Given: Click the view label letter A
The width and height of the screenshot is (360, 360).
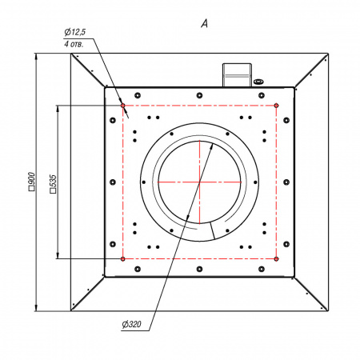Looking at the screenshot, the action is [204, 24].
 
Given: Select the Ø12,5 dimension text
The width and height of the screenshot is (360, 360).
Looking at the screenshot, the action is [75, 32].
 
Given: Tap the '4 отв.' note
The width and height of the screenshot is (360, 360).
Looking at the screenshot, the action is [74, 44].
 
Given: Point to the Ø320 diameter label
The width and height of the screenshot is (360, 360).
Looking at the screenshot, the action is [132, 324].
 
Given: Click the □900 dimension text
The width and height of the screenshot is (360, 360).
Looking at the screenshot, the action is [31, 182].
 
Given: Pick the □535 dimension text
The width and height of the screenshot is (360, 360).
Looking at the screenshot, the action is [53, 184].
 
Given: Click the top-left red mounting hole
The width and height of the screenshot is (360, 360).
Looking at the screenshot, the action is [122, 106].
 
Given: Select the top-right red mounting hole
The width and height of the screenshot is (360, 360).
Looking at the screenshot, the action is [276, 106].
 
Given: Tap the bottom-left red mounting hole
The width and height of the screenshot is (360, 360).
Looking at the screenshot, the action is [122, 258].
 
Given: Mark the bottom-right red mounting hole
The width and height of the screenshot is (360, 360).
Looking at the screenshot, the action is [276, 258].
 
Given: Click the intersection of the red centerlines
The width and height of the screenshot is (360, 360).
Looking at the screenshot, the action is [199, 182].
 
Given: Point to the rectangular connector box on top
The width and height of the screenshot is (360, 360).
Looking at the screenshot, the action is [237, 75].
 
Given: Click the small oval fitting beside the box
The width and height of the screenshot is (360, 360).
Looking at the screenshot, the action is [258, 82].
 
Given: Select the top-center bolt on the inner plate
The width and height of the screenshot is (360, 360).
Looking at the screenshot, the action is [199, 95].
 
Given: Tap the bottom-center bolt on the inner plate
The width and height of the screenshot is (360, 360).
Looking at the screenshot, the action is [199, 269].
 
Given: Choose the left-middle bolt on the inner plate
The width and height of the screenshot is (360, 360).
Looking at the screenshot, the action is [113, 182].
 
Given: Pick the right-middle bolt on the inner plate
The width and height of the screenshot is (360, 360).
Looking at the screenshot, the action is [286, 182].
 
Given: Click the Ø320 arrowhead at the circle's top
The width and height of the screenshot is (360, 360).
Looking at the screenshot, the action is [212, 146].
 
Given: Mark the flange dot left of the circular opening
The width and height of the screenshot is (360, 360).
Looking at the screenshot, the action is [144, 182].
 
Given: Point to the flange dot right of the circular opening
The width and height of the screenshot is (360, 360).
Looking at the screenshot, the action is [255, 182].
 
